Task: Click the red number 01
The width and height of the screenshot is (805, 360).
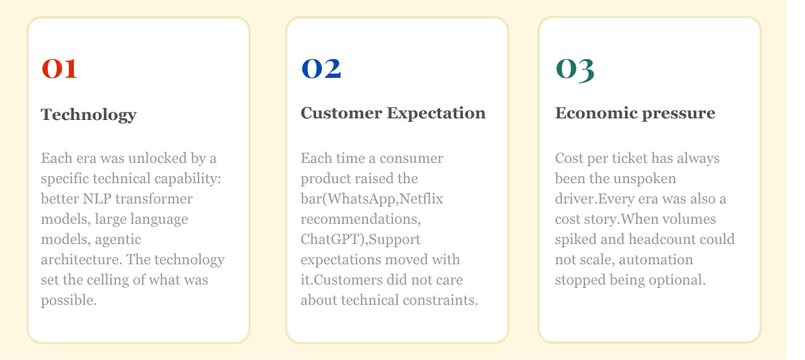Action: [x=59, y=69]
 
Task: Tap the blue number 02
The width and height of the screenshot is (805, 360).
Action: [x=321, y=69]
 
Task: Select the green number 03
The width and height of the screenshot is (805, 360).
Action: [x=575, y=69]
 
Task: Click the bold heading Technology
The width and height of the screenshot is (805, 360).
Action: [x=88, y=115]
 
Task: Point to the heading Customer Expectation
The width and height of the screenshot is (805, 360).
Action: [x=393, y=114]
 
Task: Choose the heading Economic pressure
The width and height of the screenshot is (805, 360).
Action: [x=635, y=114]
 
